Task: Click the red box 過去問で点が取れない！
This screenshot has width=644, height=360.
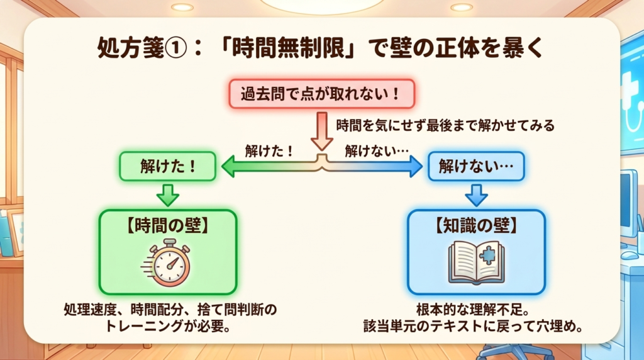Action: (321, 94)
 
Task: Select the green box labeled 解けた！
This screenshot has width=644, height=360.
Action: (167, 166)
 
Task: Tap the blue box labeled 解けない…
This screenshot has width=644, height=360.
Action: (476, 166)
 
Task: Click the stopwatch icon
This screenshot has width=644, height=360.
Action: (167, 263)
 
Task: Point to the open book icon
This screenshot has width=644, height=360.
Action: (477, 263)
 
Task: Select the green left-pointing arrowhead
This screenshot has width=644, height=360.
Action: (228, 166)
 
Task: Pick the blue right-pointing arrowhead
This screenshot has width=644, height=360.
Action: (416, 166)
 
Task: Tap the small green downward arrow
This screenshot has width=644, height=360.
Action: (167, 195)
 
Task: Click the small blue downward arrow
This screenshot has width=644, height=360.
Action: (477, 195)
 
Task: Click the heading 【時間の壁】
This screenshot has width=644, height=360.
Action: (167, 226)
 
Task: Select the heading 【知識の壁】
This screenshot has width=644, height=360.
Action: (477, 226)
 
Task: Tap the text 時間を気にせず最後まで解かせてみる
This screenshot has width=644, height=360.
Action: (445, 125)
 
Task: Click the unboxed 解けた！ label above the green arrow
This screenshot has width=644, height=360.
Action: (269, 151)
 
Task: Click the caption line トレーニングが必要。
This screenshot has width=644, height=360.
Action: (167, 326)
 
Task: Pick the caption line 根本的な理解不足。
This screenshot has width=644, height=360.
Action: (473, 310)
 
